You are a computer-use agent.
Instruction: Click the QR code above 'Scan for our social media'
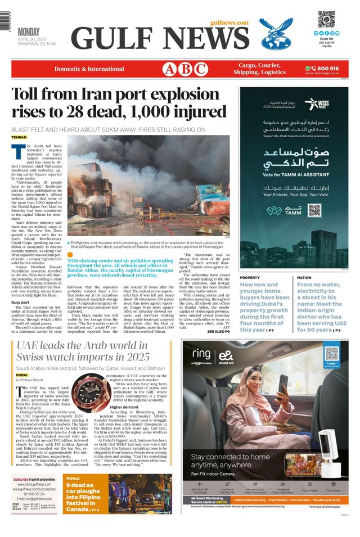point(326,19)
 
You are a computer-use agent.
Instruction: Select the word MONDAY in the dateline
point(31,31)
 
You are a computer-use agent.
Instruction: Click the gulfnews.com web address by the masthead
point(229,22)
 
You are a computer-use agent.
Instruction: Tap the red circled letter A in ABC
point(169,69)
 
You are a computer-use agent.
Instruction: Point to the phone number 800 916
point(327,68)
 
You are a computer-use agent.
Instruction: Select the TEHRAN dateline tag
point(19,137)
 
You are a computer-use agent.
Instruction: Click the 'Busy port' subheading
point(21,303)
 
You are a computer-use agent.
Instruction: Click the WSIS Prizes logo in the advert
point(316,104)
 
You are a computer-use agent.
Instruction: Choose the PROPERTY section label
point(250,278)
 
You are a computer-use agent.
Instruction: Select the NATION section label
point(304,278)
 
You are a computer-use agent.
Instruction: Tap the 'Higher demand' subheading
point(125,407)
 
